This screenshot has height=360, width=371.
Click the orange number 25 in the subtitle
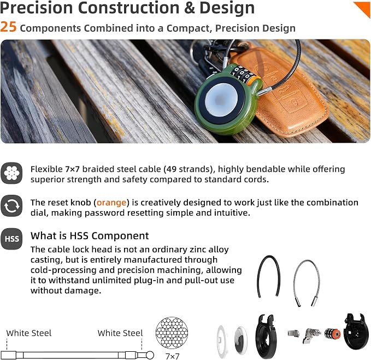(x=8, y=27)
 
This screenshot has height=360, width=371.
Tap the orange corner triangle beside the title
(x=364, y=8)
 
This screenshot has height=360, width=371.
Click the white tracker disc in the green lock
(x=221, y=100)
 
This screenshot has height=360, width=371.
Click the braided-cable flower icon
(x=11, y=173)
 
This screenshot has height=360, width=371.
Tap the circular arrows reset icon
(x=11, y=206)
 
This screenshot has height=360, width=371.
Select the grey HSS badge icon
(x=11, y=239)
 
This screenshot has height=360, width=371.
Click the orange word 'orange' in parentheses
(x=111, y=203)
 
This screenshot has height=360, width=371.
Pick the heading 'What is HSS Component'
(x=90, y=236)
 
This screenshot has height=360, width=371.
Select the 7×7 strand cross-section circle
(x=172, y=333)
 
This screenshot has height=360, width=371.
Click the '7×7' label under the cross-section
(x=173, y=356)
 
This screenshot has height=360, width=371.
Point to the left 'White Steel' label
(x=29, y=333)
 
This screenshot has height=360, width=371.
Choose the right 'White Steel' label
(x=120, y=333)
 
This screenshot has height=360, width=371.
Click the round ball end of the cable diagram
(x=150, y=355)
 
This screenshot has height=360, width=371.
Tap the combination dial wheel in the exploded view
(x=332, y=334)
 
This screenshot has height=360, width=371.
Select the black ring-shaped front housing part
(x=267, y=336)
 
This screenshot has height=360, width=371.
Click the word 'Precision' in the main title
(x=37, y=8)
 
